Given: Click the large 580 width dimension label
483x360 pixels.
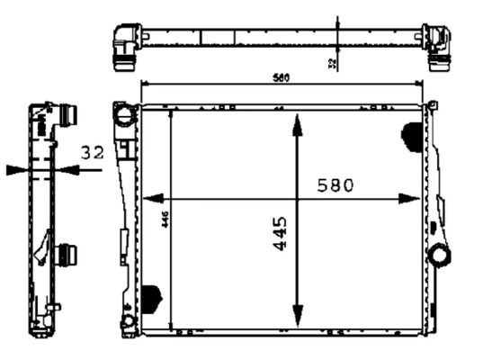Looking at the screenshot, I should click(x=335, y=185).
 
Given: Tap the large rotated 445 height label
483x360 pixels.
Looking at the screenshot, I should click(x=280, y=232).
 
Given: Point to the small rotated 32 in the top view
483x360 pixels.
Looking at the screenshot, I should click(x=332, y=64).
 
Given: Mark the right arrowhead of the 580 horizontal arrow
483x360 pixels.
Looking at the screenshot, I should click(x=415, y=198).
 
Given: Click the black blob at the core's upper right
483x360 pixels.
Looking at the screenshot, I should click(x=412, y=135).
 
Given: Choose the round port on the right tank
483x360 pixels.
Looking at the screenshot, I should click(x=439, y=255).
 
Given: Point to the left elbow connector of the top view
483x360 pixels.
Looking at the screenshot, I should click(x=124, y=44).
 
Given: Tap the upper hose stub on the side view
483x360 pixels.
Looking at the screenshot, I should click(x=68, y=117).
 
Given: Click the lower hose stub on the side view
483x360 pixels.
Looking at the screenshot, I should click(x=68, y=256).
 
